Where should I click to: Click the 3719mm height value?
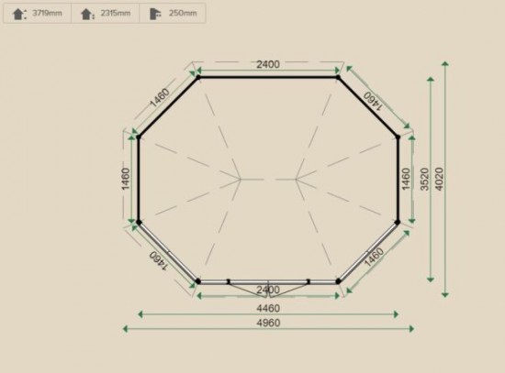click(x=47, y=13)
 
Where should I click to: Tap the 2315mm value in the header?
click(x=116, y=13)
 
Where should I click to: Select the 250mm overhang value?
click(x=183, y=13)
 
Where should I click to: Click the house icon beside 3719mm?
click(x=19, y=14)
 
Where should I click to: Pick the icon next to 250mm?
click(x=155, y=14)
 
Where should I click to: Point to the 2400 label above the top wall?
click(x=268, y=64)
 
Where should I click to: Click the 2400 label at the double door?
click(x=268, y=290)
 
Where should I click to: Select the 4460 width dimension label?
click(x=268, y=308)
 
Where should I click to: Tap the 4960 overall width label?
click(x=268, y=323)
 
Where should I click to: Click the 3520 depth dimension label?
click(x=425, y=179)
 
